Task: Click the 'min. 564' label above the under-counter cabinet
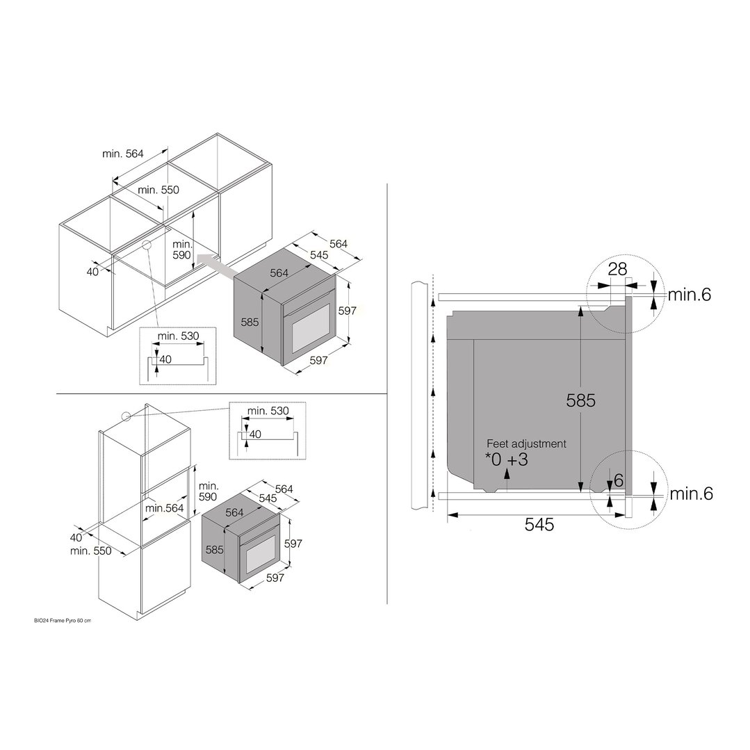click(x=123, y=154)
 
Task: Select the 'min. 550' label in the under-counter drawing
click(x=158, y=190)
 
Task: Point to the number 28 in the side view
click(x=617, y=270)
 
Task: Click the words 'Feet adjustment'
click(x=526, y=443)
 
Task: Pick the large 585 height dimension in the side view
click(x=581, y=400)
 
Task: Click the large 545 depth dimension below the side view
click(x=539, y=525)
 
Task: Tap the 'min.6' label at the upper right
click(x=690, y=295)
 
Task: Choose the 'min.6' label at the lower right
click(x=691, y=494)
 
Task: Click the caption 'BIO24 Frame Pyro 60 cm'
click(x=62, y=620)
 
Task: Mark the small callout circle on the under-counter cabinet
click(x=147, y=244)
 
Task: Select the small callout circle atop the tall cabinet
click(x=126, y=416)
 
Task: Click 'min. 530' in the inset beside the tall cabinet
click(x=268, y=411)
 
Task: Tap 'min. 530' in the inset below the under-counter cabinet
click(x=179, y=336)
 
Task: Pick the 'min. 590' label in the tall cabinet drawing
click(x=209, y=491)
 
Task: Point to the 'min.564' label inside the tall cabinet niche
click(x=165, y=508)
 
